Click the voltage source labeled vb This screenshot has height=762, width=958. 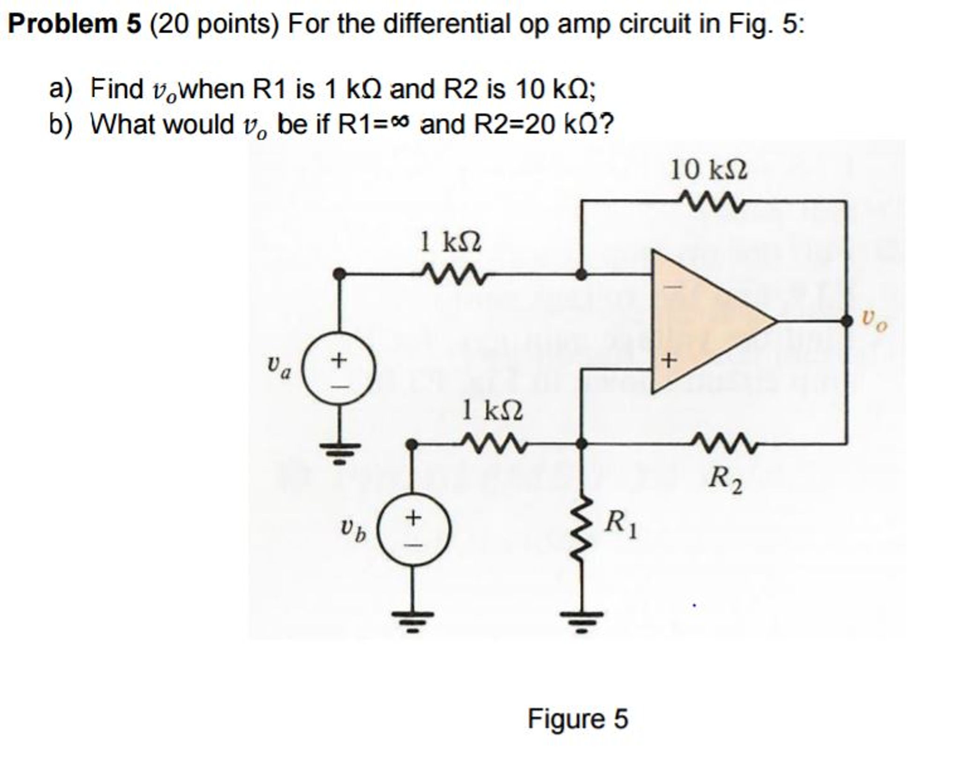(x=414, y=530)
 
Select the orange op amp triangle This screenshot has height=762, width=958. (x=702, y=321)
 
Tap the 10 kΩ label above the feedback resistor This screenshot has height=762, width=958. (x=709, y=170)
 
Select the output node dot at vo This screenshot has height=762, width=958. (x=846, y=321)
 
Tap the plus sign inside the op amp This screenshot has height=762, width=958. (x=669, y=360)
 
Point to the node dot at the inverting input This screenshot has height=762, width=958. (x=581, y=274)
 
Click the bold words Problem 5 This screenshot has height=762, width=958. (x=74, y=24)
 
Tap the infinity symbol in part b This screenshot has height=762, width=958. (x=402, y=123)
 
